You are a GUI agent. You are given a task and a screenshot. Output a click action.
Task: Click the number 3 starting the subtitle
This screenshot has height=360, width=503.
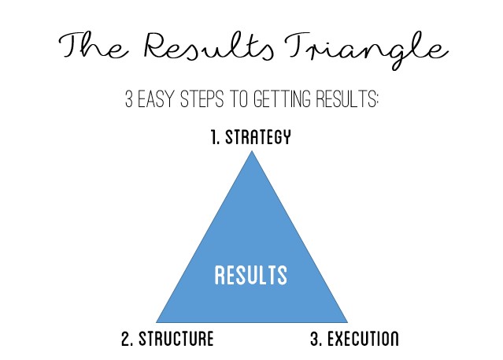coord(129,101)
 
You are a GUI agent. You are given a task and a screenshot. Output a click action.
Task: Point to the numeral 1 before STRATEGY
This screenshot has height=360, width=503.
coord(213,139)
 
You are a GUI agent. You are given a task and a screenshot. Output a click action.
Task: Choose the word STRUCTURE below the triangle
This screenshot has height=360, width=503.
coord(176,340)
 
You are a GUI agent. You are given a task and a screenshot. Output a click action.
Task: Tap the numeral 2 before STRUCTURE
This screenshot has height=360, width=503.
coord(126,340)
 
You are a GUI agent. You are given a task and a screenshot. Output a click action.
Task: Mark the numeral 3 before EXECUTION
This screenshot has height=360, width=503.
coord(313,340)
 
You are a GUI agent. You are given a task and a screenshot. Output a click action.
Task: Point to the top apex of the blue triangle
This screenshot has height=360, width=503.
coord(252,151)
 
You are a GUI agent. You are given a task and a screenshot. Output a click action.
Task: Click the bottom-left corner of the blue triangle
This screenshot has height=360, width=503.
coord(157,322)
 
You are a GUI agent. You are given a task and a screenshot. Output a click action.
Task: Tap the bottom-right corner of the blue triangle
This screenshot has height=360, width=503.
coord(347,322)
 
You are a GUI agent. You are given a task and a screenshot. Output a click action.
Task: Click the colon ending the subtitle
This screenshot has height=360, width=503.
coord(376,102)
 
